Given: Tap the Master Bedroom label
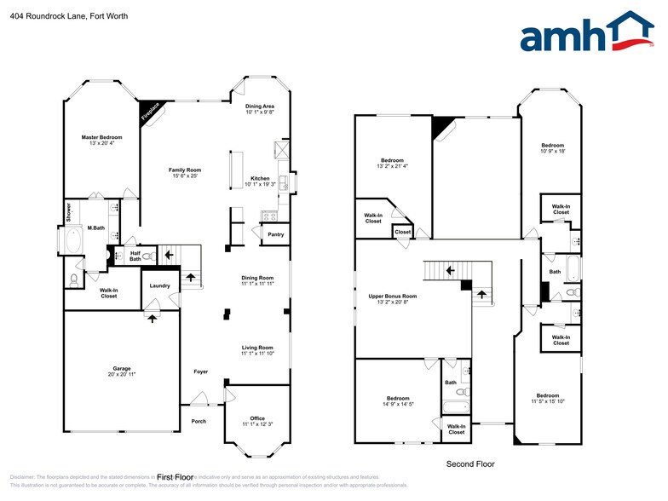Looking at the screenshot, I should click(101, 137).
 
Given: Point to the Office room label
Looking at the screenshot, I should click(256, 417).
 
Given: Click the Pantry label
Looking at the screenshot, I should click(275, 234).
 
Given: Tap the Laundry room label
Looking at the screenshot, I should click(159, 285).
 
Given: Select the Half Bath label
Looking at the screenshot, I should click(135, 255).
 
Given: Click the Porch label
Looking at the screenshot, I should click(198, 420).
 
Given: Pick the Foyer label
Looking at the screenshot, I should click(200, 371).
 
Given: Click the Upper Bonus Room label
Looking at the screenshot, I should click(392, 296).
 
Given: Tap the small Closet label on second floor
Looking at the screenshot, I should click(402, 232).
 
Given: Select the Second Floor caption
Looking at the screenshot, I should click(470, 464).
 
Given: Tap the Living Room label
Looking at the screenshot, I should click(256, 347).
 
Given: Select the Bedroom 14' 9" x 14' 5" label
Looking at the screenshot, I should click(397, 398).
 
